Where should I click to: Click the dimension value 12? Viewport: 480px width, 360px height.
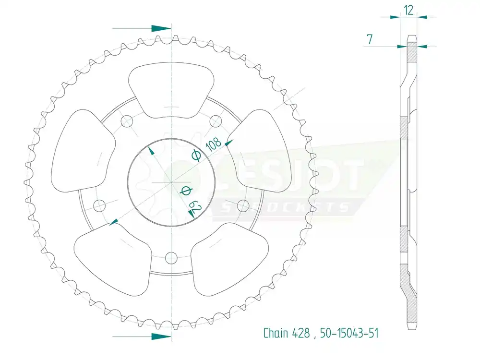(408, 10)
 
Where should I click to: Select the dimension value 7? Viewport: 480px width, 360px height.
(370, 40)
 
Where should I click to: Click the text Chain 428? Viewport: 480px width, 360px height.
(287, 333)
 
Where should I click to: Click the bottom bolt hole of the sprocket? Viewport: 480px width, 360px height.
(171, 258)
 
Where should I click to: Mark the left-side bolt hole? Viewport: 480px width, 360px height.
(99, 206)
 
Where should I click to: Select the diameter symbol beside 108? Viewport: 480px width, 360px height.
(195, 155)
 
